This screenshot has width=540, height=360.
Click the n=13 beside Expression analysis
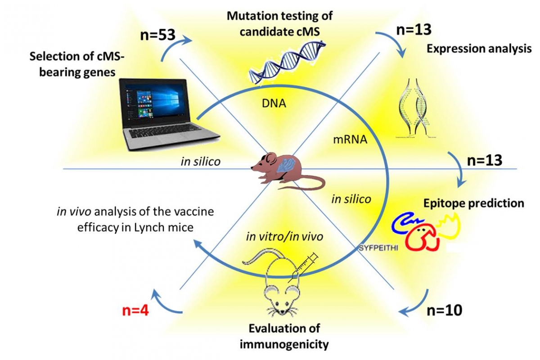(x=413, y=29)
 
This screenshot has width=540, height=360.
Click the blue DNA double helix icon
(x=288, y=56)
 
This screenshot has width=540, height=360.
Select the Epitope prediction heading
(x=473, y=203)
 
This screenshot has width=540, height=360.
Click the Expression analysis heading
(x=479, y=49)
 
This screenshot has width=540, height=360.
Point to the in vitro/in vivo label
(x=284, y=237)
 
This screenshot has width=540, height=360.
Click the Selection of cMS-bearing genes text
(x=73, y=64)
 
